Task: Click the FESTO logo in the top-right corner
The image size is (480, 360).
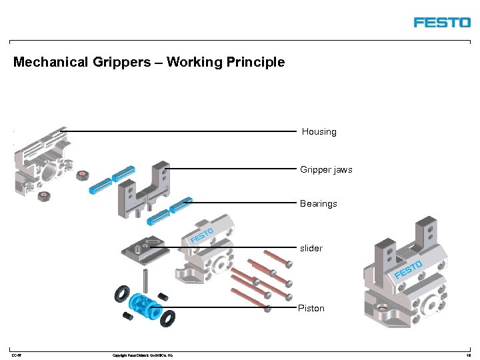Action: click(441, 22)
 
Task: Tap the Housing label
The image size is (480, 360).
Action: click(319, 132)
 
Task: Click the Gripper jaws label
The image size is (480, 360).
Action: click(326, 170)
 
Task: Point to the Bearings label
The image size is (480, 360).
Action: click(318, 203)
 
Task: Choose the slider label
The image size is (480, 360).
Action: click(311, 248)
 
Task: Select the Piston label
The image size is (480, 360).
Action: click(311, 308)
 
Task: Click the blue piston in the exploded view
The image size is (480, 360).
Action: click(144, 306)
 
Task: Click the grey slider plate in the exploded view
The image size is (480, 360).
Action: click(145, 249)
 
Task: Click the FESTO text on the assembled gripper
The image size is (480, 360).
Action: click(408, 270)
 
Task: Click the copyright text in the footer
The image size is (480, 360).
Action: click(143, 355)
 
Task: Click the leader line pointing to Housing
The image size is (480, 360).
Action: click(180, 131)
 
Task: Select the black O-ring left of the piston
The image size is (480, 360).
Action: click(122, 293)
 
